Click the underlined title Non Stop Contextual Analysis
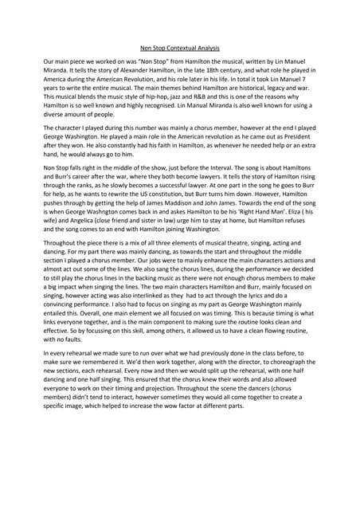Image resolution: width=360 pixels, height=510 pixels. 180,47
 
